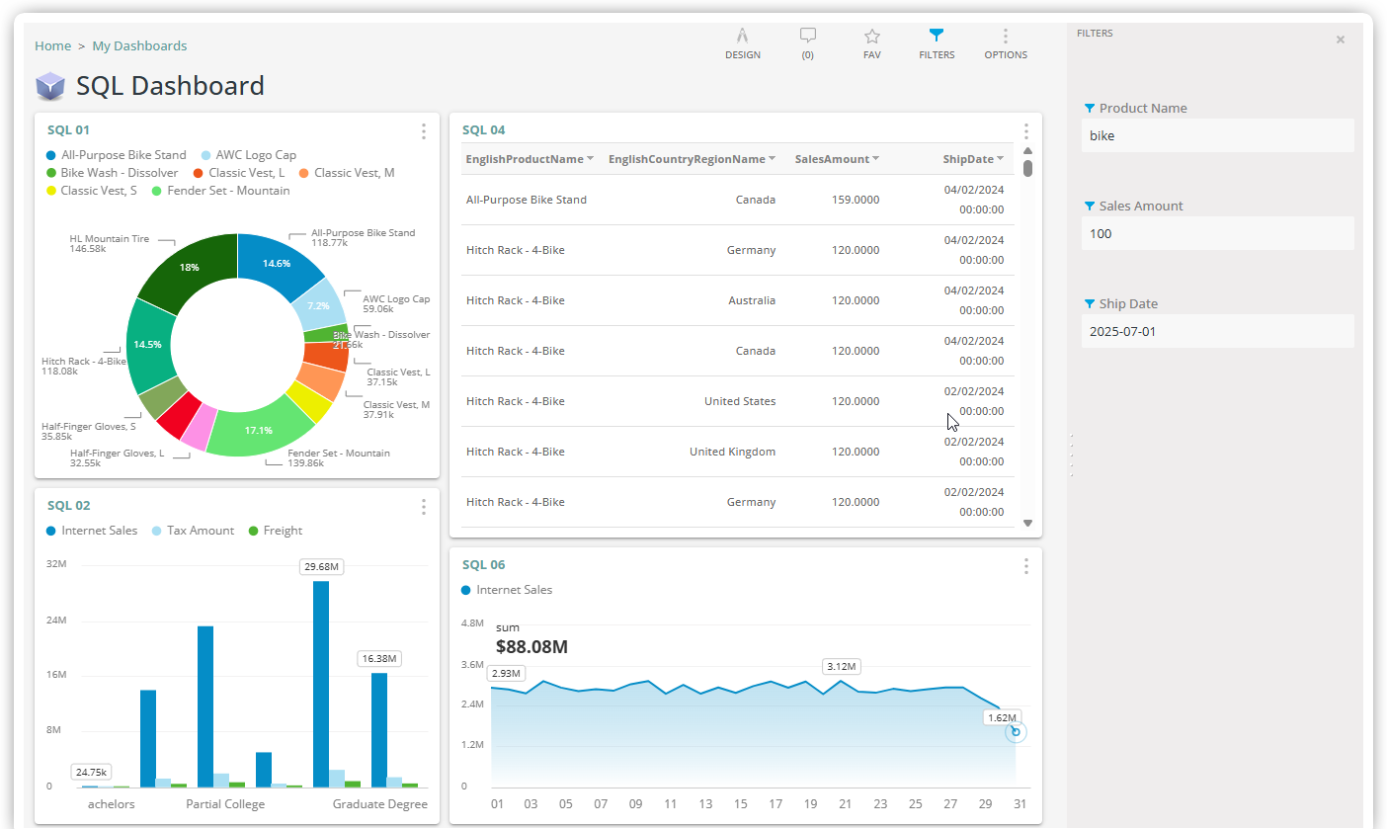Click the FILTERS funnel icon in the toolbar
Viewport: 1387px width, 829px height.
(x=937, y=37)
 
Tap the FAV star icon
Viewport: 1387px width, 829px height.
(x=871, y=37)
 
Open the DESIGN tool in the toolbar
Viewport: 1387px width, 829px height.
(x=742, y=37)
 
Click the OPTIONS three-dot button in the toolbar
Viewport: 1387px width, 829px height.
(x=1005, y=37)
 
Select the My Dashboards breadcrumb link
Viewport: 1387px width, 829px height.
(x=139, y=45)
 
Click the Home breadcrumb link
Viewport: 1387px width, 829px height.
(x=52, y=45)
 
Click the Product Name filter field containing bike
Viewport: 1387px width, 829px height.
(x=1217, y=135)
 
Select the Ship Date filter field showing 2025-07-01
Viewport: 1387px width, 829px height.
(x=1217, y=331)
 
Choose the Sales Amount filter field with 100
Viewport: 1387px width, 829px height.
(x=1217, y=233)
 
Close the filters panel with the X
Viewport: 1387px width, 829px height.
(x=1340, y=40)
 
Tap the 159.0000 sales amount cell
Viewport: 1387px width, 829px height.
(x=855, y=200)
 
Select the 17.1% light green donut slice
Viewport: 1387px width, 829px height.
(x=259, y=431)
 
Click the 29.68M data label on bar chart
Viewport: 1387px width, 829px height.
(x=322, y=567)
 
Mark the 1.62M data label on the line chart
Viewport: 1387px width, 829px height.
(x=1002, y=717)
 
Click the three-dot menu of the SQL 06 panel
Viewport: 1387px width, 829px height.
(x=1025, y=566)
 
